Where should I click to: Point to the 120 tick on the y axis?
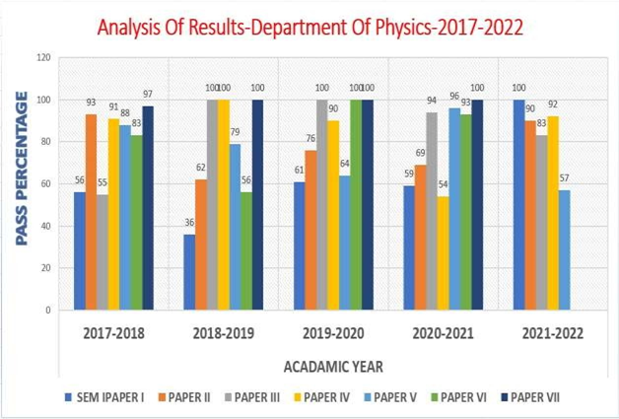click(43, 58)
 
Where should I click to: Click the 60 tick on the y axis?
click(46, 184)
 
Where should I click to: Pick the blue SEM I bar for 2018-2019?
click(189, 272)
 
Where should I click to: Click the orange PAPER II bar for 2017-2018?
click(91, 212)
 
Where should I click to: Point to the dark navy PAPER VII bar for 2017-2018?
click(148, 208)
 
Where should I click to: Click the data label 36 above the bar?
click(188, 224)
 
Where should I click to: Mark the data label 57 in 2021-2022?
click(564, 178)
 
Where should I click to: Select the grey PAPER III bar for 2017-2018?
click(103, 252)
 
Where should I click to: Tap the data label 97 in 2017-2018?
click(148, 96)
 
